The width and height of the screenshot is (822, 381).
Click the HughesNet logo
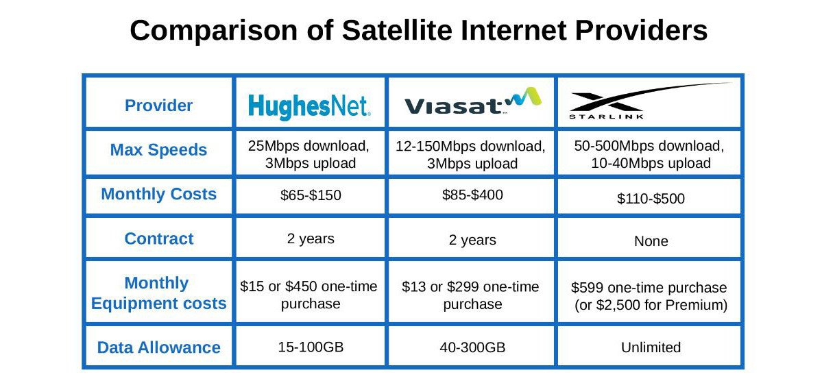pyautogui.click(x=309, y=106)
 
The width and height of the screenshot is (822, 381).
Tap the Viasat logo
pyautogui.click(x=472, y=102)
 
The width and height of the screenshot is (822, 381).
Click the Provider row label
pyautogui.click(x=159, y=106)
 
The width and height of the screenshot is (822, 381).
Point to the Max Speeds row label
pyautogui.click(x=159, y=150)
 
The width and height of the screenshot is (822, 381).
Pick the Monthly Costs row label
pyautogui.click(x=159, y=194)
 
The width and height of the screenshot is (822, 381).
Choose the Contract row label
pyautogui.click(x=159, y=238)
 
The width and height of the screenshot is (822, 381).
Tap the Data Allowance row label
pyautogui.click(x=159, y=347)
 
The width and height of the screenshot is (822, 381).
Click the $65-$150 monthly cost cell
pyautogui.click(x=311, y=195)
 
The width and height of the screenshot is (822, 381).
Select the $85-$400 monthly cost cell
pyautogui.click(x=472, y=195)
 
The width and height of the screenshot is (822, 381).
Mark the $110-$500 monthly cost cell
pyautogui.click(x=651, y=199)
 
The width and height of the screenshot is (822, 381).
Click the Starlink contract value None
pyautogui.click(x=651, y=241)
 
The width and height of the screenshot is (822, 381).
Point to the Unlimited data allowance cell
pyautogui.click(x=651, y=347)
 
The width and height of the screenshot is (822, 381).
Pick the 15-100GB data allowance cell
pyautogui.click(x=311, y=347)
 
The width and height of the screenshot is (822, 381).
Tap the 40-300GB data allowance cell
pyautogui.click(x=472, y=347)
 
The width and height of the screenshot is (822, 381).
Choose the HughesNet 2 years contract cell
pyautogui.click(x=311, y=238)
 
